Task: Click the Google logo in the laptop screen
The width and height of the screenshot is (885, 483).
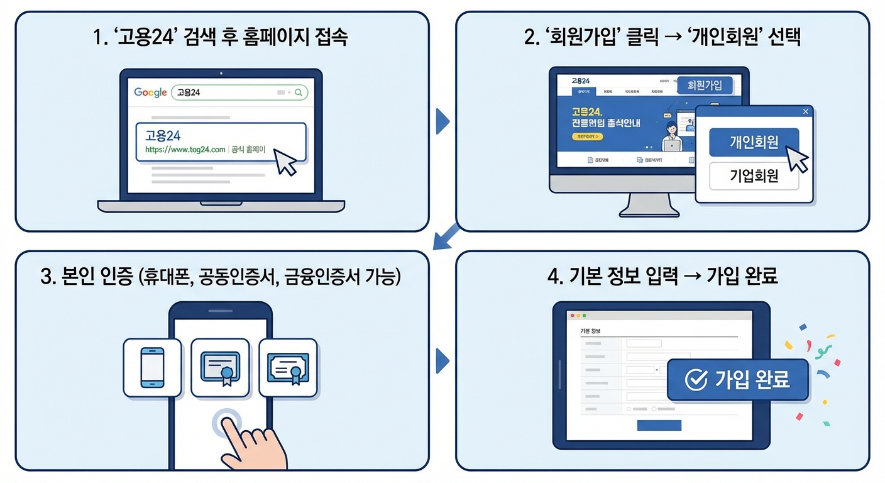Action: click(150, 92)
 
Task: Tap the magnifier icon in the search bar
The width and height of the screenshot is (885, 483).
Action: click(299, 92)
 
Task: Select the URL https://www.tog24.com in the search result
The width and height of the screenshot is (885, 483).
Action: click(185, 150)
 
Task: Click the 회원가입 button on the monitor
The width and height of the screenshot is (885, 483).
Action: click(705, 85)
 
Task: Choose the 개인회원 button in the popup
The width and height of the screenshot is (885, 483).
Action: click(754, 142)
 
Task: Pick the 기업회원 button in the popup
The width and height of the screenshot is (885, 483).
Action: click(754, 176)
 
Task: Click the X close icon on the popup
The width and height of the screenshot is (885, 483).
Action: click(806, 112)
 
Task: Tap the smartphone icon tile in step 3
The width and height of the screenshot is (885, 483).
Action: click(152, 367)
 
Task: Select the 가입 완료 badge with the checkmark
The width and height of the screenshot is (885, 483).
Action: click(737, 380)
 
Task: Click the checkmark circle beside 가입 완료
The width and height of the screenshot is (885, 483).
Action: click(695, 380)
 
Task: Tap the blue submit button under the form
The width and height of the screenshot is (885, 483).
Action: click(659, 425)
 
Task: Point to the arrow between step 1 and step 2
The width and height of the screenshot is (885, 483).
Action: click(442, 121)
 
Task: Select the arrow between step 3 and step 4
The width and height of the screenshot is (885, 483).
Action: click(442, 361)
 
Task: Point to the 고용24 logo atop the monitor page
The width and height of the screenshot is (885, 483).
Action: click(581, 81)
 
